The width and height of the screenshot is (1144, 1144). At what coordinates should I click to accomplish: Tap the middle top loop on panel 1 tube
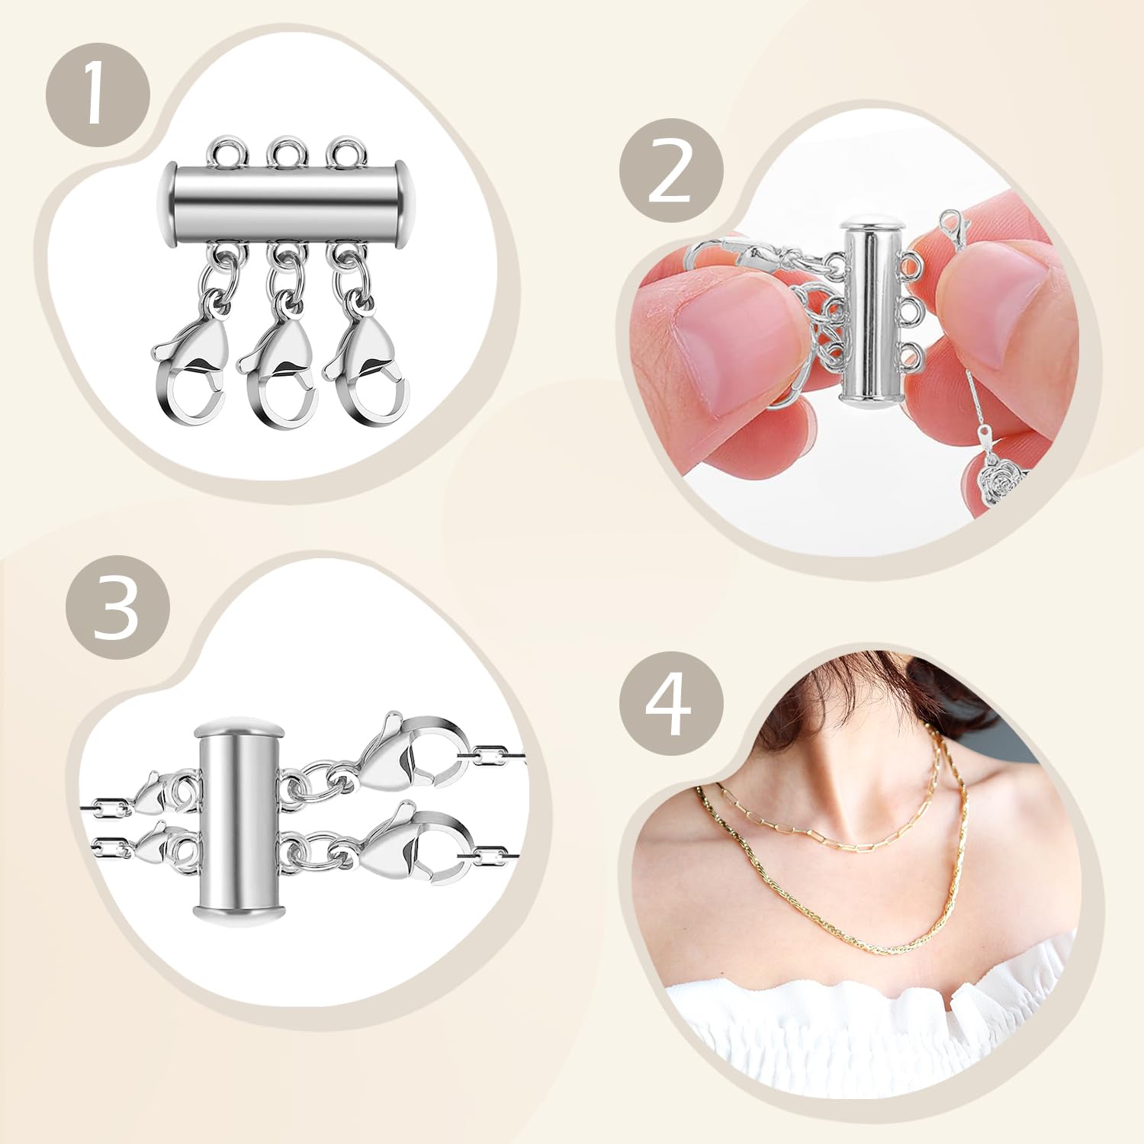tap(285, 151)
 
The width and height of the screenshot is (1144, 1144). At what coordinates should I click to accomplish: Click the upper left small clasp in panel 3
tap(161, 796)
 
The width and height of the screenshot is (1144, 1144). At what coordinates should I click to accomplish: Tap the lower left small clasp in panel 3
tap(161, 845)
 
